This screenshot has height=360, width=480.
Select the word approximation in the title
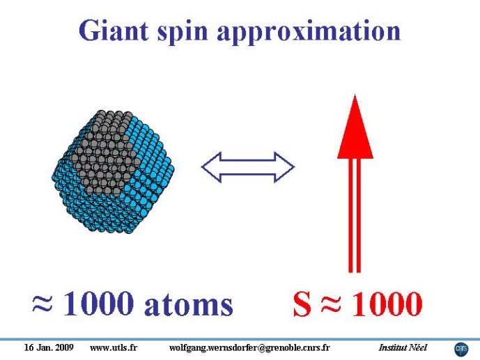309,32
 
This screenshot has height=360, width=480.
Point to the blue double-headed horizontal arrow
247,167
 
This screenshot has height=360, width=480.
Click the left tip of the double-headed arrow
201,167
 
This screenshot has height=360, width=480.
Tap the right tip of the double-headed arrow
295,167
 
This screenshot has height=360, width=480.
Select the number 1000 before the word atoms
98,304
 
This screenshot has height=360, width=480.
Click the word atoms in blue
189,305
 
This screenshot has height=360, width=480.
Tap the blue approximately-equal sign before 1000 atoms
42,304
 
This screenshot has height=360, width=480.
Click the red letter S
302,304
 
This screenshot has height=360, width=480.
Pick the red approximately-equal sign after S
331,304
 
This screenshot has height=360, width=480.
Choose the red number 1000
387,304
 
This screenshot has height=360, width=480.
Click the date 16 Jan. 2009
49,347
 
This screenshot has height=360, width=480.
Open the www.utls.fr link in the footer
114,347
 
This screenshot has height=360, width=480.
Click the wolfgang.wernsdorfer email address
249,348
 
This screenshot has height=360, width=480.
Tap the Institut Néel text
403,347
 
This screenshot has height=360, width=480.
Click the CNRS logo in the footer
461,350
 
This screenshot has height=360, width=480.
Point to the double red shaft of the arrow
355,215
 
